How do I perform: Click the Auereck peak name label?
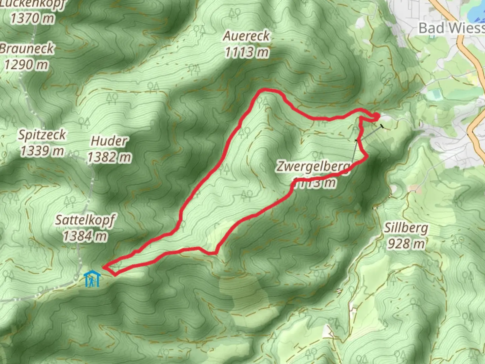(246, 36)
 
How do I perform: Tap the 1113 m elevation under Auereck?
(247, 52)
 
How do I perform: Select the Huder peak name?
(109, 141)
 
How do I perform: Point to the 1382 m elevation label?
(109, 157)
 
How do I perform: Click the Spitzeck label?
(42, 135)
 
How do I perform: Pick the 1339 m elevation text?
(42, 151)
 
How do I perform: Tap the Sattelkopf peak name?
(85, 220)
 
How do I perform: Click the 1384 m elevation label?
(85, 236)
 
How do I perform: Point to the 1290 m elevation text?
(26, 64)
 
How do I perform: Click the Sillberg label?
(406, 228)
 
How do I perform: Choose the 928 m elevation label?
(406, 243)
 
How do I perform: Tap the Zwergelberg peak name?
(314, 166)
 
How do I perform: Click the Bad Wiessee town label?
(451, 28)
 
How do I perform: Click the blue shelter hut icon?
(92, 279)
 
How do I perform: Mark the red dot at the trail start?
(376, 116)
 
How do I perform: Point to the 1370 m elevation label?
(32, 18)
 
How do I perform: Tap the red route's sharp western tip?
(103, 268)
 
